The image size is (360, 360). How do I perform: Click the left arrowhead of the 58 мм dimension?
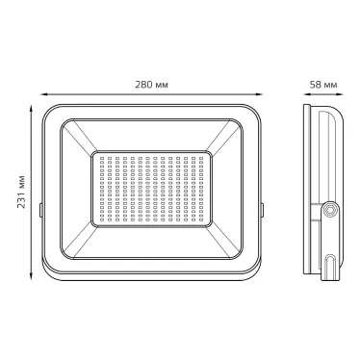click(303, 94)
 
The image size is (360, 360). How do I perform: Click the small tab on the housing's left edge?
click(40, 205)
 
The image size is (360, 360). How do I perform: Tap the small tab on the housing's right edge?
click(263, 205)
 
